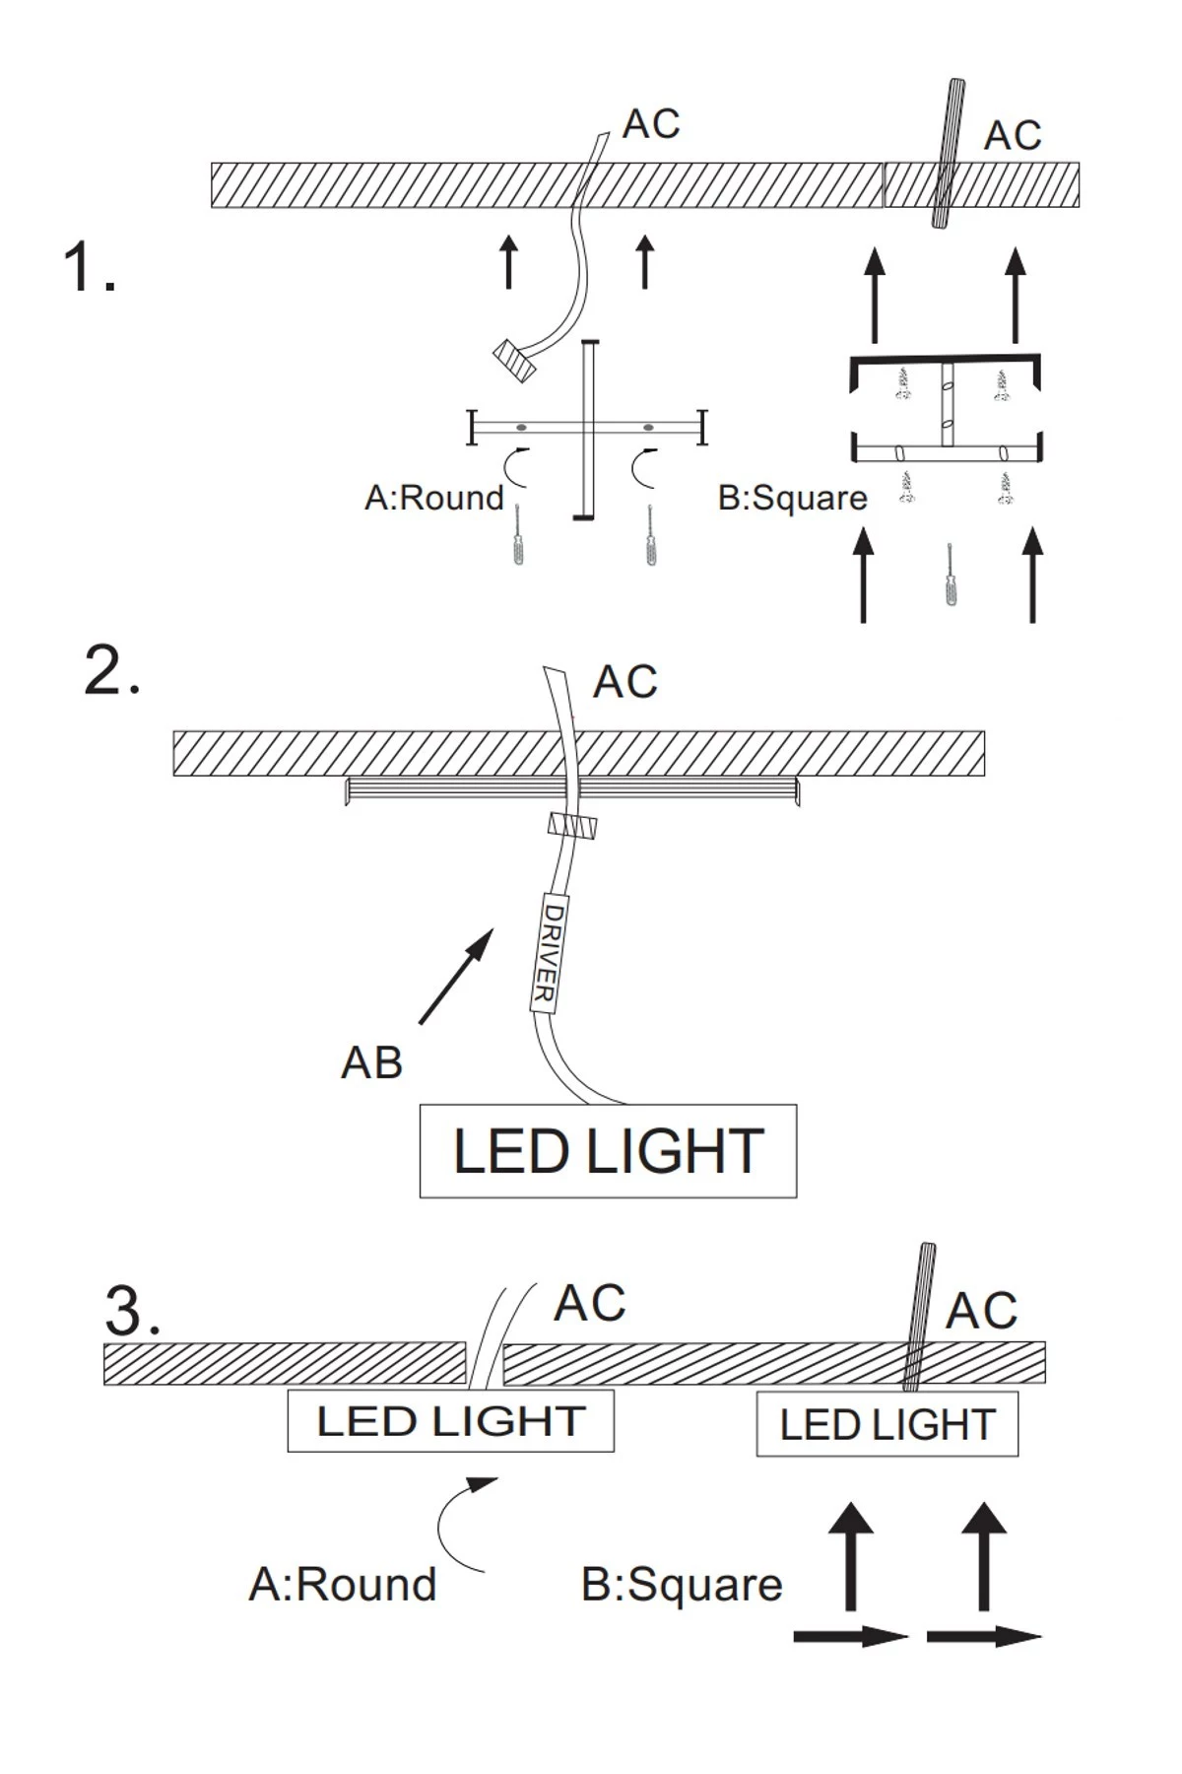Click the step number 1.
click(x=89, y=268)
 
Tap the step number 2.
click(x=111, y=672)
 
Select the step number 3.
click(x=132, y=1311)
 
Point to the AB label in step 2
click(x=371, y=1062)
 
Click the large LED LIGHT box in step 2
click(x=608, y=1151)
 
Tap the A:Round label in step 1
click(x=433, y=498)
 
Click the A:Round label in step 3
click(x=342, y=1585)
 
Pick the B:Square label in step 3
click(x=682, y=1585)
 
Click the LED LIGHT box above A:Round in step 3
click(x=450, y=1421)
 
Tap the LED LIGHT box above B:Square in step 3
click(x=886, y=1425)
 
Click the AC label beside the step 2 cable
click(x=624, y=682)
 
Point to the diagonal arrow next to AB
click(x=455, y=976)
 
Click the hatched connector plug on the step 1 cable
click(x=514, y=360)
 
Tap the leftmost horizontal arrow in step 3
click(x=849, y=1637)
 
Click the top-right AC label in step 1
click(x=1013, y=136)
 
